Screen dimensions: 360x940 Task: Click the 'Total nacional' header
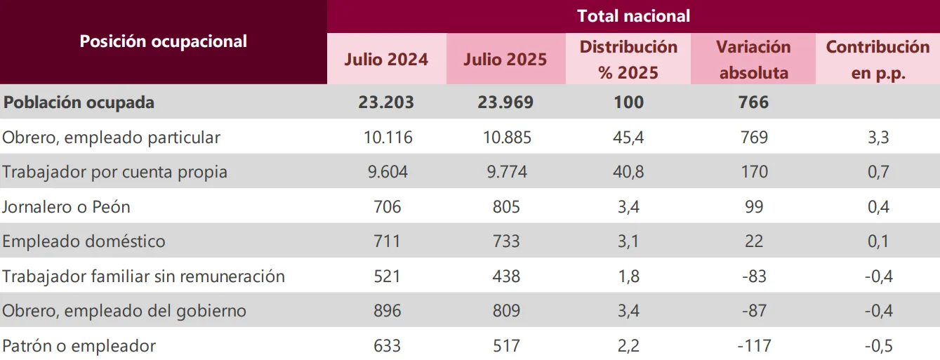[633, 15]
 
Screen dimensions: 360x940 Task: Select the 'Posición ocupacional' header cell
[163, 41]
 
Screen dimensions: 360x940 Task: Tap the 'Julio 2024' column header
[386, 60]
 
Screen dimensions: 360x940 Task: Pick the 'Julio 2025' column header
[505, 60]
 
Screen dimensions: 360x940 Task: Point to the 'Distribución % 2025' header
[628, 60]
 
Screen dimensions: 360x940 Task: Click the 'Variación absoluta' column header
[753, 60]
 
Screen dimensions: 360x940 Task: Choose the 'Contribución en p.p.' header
[878, 60]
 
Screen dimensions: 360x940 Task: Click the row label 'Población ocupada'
[79, 102]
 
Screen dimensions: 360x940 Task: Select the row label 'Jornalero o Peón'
[66, 207]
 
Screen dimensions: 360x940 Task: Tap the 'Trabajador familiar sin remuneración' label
[143, 276]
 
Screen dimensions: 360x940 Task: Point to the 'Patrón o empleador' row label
[79, 346]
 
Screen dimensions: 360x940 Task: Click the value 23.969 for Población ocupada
[505, 102]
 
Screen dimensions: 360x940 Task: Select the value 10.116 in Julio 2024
[386, 138]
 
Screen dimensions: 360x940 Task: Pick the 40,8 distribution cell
[628, 172]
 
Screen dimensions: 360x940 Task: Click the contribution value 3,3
[878, 138]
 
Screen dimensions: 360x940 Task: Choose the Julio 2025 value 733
[505, 241]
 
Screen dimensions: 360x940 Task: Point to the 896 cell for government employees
[386, 311]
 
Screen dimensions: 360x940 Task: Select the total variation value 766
[753, 102]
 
